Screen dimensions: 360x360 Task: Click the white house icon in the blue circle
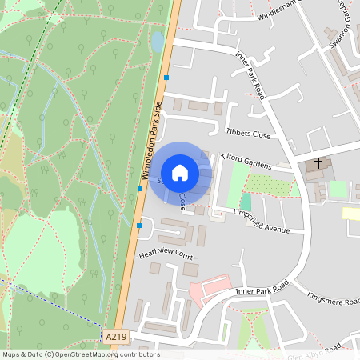pyautogui.click(x=180, y=173)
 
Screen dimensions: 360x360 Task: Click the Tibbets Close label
pyautogui.click(x=249, y=132)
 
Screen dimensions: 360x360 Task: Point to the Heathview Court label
pyautogui.click(x=166, y=254)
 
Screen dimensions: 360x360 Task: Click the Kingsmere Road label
pyautogui.click(x=330, y=303)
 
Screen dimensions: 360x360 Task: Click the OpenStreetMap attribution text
pyautogui.click(x=80, y=354)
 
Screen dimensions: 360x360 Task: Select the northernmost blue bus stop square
pyautogui.click(x=166, y=78)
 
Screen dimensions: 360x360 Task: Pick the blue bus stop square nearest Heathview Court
pyautogui.click(x=138, y=226)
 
